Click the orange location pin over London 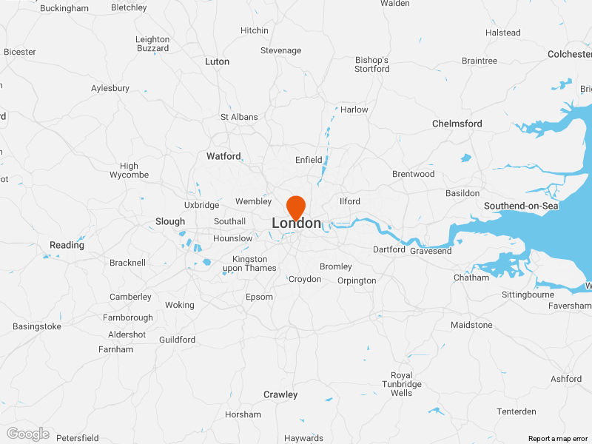(296, 206)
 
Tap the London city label (297, 223)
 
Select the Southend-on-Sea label (521, 206)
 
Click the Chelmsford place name (457, 124)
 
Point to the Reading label (67, 245)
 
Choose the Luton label (217, 61)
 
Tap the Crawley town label (280, 394)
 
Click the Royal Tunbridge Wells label (402, 384)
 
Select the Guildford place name (178, 340)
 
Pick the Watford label (223, 156)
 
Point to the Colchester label (569, 54)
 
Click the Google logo (27, 434)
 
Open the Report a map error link (558, 439)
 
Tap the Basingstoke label (37, 326)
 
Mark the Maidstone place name (471, 325)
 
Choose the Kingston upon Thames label (250, 263)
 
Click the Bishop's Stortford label (372, 64)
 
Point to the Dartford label (389, 249)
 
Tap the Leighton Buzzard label (152, 44)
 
